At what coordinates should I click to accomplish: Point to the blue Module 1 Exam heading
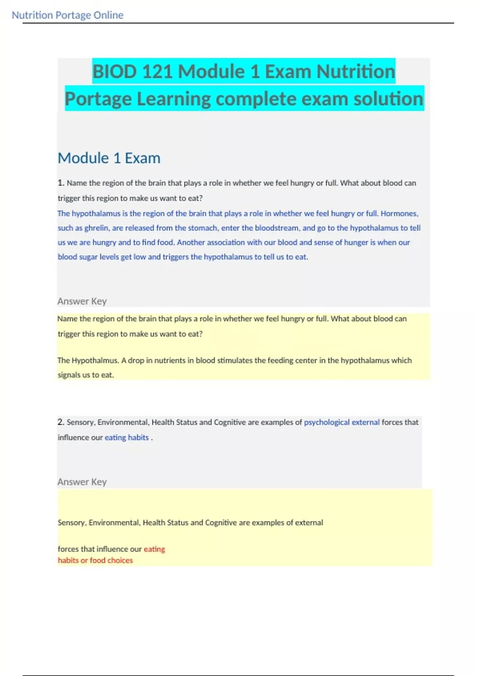click(x=109, y=158)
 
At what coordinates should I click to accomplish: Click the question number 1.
click(x=60, y=183)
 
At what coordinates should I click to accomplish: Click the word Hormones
click(x=399, y=214)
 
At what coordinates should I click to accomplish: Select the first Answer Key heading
click(x=82, y=301)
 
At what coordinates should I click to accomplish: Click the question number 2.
click(x=60, y=422)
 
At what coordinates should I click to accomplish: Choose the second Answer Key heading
click(x=82, y=482)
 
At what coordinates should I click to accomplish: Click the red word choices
click(x=120, y=560)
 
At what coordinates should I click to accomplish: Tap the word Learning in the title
click(x=173, y=99)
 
